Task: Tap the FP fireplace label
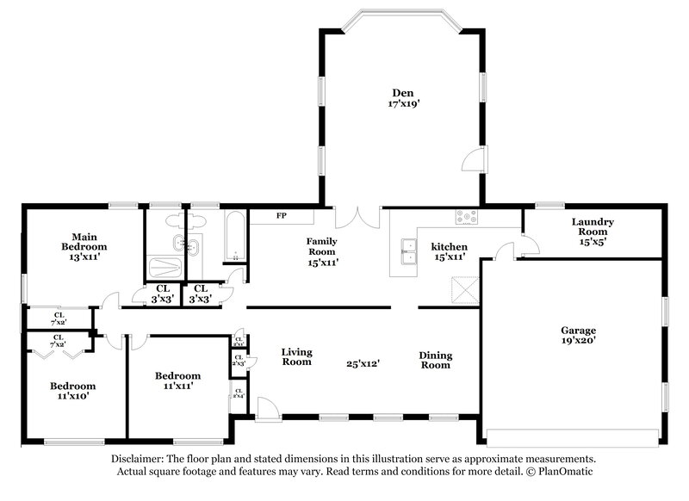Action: coord(281,215)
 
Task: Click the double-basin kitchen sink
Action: coord(405,254)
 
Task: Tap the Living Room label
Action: coord(296,356)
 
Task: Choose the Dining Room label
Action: coord(435,360)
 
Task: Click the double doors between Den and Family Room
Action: coord(357,215)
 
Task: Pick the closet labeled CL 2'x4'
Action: coord(237,395)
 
